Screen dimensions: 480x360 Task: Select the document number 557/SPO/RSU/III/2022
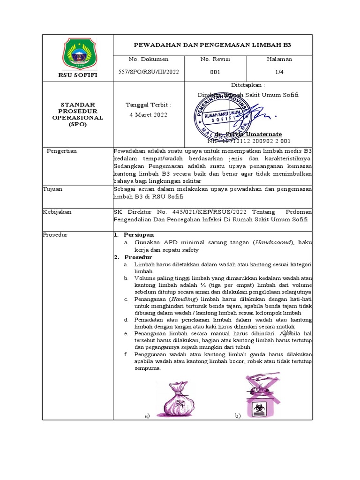(x=150, y=72)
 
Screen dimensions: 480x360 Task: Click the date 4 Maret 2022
(x=148, y=115)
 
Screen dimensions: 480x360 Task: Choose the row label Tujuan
(x=53, y=189)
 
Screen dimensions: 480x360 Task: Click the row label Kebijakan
(x=57, y=212)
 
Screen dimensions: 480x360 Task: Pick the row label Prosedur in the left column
(x=55, y=234)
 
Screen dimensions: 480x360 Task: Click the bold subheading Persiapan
(x=138, y=234)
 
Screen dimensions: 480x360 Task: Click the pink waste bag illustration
(x=179, y=398)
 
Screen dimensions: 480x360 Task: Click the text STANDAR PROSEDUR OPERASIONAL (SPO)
(x=78, y=115)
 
